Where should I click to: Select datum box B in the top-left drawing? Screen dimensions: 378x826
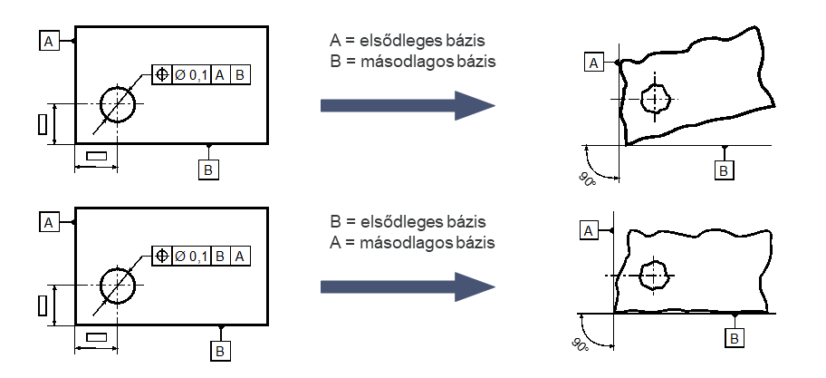coord(208,169)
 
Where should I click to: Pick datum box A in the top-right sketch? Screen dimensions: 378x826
coord(594,62)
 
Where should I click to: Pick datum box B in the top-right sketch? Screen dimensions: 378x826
coord(724,170)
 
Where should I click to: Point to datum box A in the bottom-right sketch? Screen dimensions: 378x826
coord(589,232)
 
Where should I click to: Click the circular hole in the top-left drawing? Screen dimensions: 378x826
coord(118,104)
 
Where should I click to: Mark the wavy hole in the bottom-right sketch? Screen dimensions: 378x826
coord(653,272)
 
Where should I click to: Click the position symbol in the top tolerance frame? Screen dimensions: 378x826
coord(162,74)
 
